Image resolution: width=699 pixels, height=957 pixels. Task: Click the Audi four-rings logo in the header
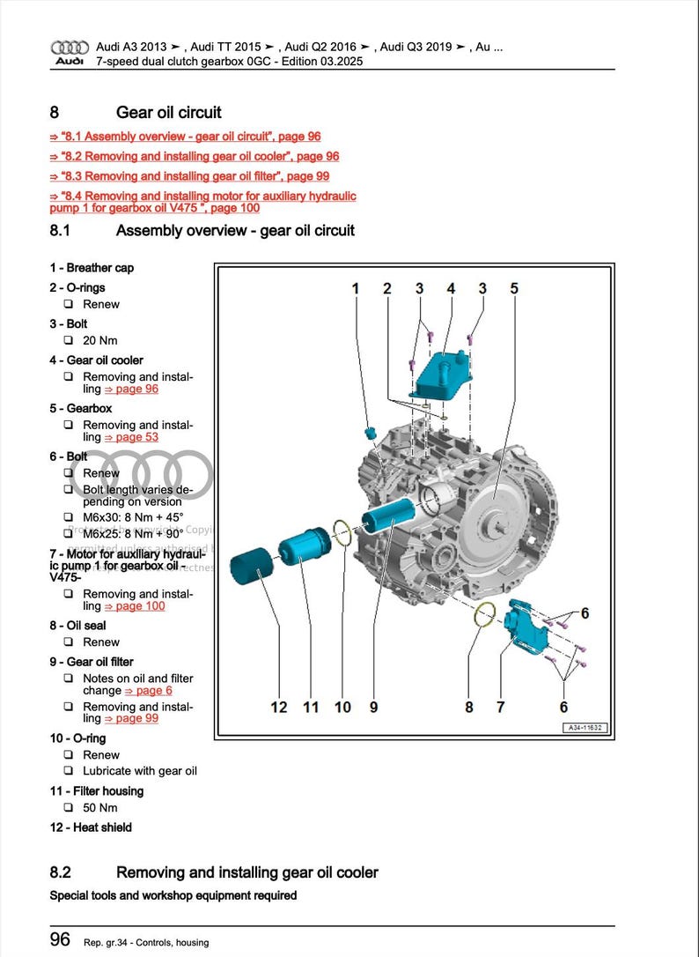70,47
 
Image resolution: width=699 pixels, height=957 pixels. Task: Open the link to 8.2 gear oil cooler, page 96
194,156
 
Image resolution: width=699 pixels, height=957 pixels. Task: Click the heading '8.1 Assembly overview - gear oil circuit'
202,231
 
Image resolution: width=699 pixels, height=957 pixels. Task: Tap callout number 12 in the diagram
279,707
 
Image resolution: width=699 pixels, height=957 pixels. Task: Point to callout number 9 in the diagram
373,707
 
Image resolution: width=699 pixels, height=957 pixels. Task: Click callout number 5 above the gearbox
514,288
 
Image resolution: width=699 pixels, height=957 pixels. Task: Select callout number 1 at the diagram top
356,288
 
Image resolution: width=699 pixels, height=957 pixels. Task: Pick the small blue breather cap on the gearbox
372,434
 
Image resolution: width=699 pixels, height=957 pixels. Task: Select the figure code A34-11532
584,728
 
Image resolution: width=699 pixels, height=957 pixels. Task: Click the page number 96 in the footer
60,940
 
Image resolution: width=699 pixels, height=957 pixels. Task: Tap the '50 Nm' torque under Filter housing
100,808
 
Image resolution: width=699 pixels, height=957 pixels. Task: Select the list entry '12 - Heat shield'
91,827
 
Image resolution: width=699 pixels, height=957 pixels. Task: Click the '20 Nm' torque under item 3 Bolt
100,341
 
